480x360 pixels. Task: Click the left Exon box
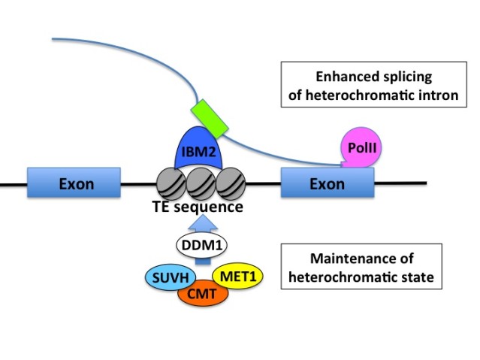(74, 183)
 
